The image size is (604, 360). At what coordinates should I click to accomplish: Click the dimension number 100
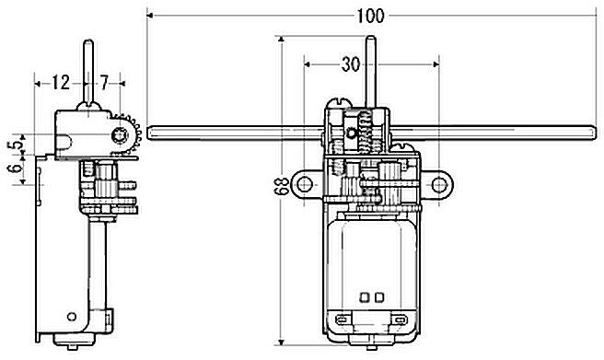pyautogui.click(x=370, y=16)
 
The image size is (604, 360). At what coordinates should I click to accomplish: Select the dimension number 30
pyautogui.click(x=351, y=64)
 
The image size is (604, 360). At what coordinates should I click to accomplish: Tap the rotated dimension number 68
pyautogui.click(x=283, y=186)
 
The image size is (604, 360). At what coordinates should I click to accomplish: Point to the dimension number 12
pyautogui.click(x=61, y=82)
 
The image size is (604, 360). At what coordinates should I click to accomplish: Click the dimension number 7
pyautogui.click(x=104, y=82)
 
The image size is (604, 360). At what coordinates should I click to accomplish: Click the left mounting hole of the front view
pyautogui.click(x=305, y=184)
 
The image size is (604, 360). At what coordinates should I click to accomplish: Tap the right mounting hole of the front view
pyautogui.click(x=439, y=185)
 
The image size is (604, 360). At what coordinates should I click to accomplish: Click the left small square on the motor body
pyautogui.click(x=364, y=297)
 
